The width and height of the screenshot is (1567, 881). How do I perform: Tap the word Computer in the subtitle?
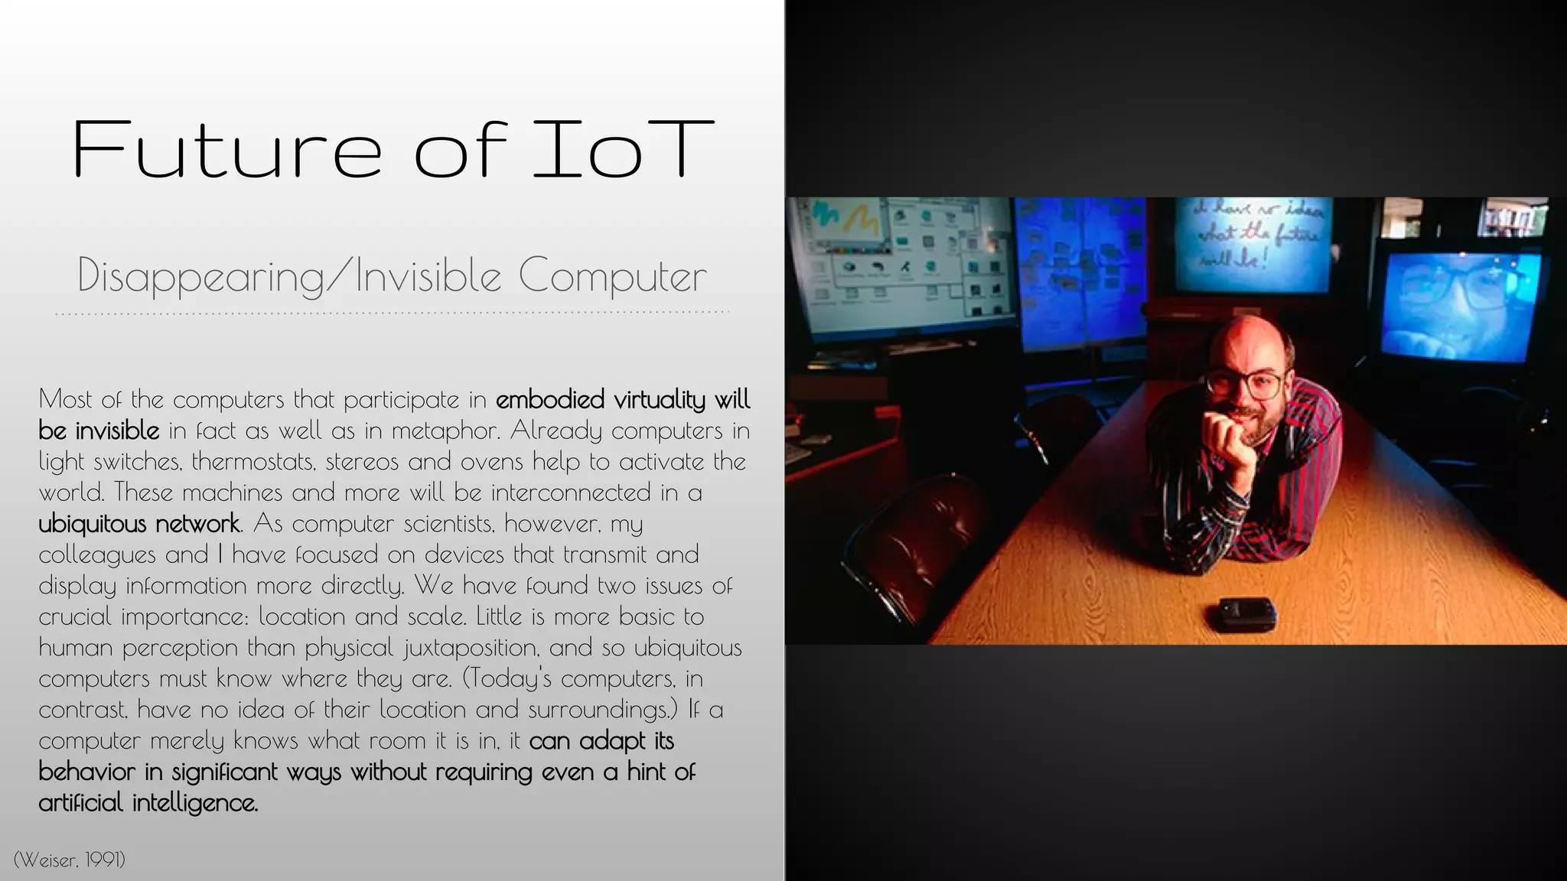tap(612, 275)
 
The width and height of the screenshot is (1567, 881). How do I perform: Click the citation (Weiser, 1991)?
tap(70, 860)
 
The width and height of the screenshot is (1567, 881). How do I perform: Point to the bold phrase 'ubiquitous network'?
tap(139, 524)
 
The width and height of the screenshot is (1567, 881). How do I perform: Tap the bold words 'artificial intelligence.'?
tap(148, 803)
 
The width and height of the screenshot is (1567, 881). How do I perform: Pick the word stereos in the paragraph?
tap(360, 462)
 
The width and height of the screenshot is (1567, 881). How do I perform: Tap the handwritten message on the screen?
tap(1253, 234)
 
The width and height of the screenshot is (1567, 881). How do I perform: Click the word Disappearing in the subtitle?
tap(201, 275)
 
